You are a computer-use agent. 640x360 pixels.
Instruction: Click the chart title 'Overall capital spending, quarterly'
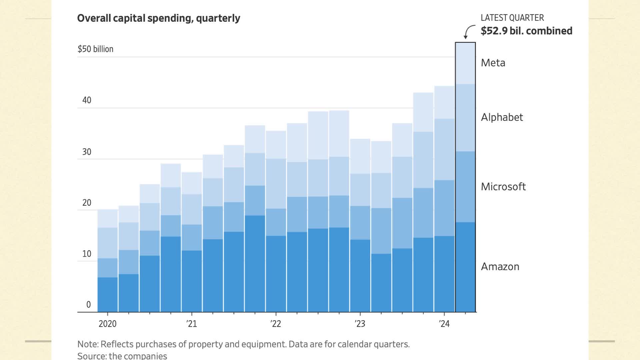(x=158, y=18)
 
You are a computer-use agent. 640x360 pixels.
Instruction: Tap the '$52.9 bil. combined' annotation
(x=526, y=31)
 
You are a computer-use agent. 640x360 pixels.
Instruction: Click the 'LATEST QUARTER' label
(x=512, y=18)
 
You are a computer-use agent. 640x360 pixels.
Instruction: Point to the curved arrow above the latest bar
(x=469, y=31)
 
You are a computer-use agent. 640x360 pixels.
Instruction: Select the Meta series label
(x=493, y=63)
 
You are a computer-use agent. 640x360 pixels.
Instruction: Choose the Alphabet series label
(x=502, y=117)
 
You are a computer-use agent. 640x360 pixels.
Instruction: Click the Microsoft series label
(x=503, y=187)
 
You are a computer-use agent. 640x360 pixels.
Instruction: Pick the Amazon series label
(x=500, y=267)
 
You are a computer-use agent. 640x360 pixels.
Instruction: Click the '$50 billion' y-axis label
(x=95, y=49)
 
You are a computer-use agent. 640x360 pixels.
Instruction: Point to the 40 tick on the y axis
(x=87, y=100)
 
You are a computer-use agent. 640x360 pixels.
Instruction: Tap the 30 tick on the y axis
(x=87, y=152)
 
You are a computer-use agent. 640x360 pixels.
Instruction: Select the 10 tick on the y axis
(x=87, y=254)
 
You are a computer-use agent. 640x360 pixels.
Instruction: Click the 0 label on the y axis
(x=88, y=305)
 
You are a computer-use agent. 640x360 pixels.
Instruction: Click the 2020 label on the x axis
(x=107, y=324)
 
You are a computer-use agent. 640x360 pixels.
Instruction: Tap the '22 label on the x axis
(x=276, y=324)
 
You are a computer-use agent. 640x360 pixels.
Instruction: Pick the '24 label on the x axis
(x=444, y=324)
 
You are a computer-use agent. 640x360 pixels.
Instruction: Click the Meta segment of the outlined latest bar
(x=465, y=63)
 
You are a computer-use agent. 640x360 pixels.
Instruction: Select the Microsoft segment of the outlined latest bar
(x=465, y=187)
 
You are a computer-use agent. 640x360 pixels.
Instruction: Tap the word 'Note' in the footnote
(x=87, y=344)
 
